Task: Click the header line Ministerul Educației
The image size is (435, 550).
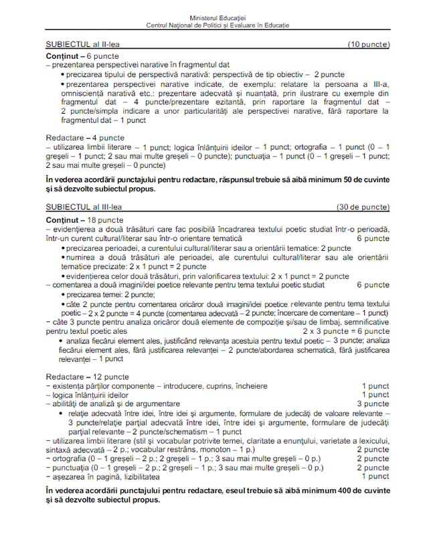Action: pyautogui.click(x=218, y=18)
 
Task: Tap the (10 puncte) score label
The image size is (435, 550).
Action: pyautogui.click(x=368, y=44)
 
